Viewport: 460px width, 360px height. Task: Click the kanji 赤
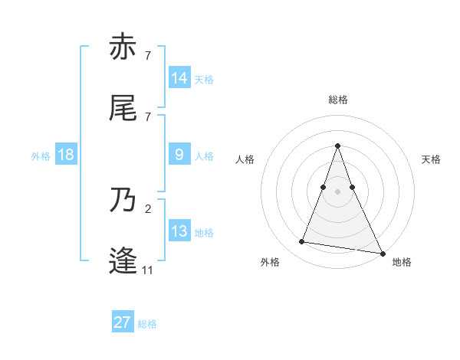[x=123, y=47]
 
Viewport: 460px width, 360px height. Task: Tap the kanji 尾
[x=123, y=108]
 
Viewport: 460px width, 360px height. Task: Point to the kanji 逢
[x=123, y=261]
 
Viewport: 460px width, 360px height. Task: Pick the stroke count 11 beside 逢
[x=147, y=270]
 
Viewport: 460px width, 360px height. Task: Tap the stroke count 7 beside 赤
[x=147, y=55]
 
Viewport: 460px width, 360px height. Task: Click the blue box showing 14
[x=179, y=78]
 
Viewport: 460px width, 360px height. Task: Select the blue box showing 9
[x=179, y=155]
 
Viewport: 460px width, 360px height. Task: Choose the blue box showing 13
[x=179, y=231]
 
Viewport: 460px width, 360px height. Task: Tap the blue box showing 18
[x=66, y=155]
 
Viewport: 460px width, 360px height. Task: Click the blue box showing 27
[x=123, y=322]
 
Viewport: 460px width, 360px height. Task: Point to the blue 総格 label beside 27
[x=148, y=324]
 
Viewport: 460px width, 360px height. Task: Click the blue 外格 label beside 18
[x=41, y=156]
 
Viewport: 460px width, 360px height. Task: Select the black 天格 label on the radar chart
[x=431, y=159]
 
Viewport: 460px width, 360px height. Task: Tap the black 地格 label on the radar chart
[x=402, y=262]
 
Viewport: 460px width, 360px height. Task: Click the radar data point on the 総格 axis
[x=337, y=146]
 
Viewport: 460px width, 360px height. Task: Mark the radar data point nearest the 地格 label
[x=381, y=252]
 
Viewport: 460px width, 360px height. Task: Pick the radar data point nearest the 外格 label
[x=301, y=242]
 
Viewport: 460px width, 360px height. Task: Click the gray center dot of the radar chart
[x=337, y=191]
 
